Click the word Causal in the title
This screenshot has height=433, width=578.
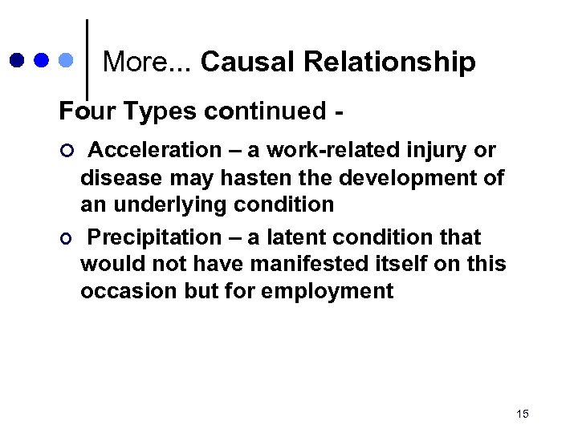[x=243, y=62]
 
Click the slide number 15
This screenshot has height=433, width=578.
[x=523, y=414]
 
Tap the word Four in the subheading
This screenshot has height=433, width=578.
[x=83, y=111]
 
